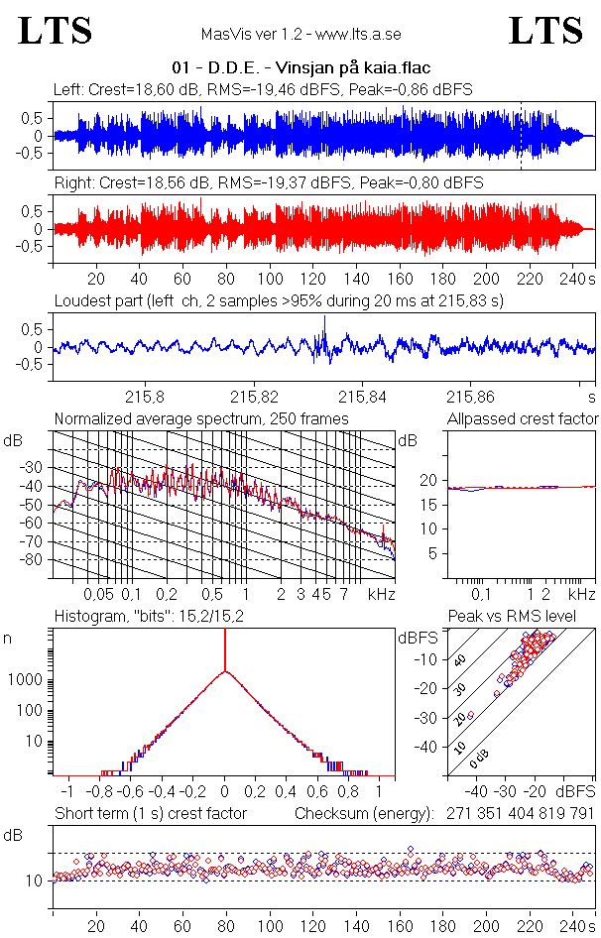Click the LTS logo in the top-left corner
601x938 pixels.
point(56,31)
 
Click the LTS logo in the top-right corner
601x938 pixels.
point(545,31)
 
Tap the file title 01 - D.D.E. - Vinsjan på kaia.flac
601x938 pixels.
point(300,69)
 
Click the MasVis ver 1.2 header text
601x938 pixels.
point(300,34)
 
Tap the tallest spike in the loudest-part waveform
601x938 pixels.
point(324,327)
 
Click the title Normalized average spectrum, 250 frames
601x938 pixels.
point(201,419)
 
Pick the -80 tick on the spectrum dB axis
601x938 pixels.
point(32,560)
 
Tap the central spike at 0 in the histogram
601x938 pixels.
point(225,654)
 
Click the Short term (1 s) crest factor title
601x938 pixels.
point(150,813)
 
